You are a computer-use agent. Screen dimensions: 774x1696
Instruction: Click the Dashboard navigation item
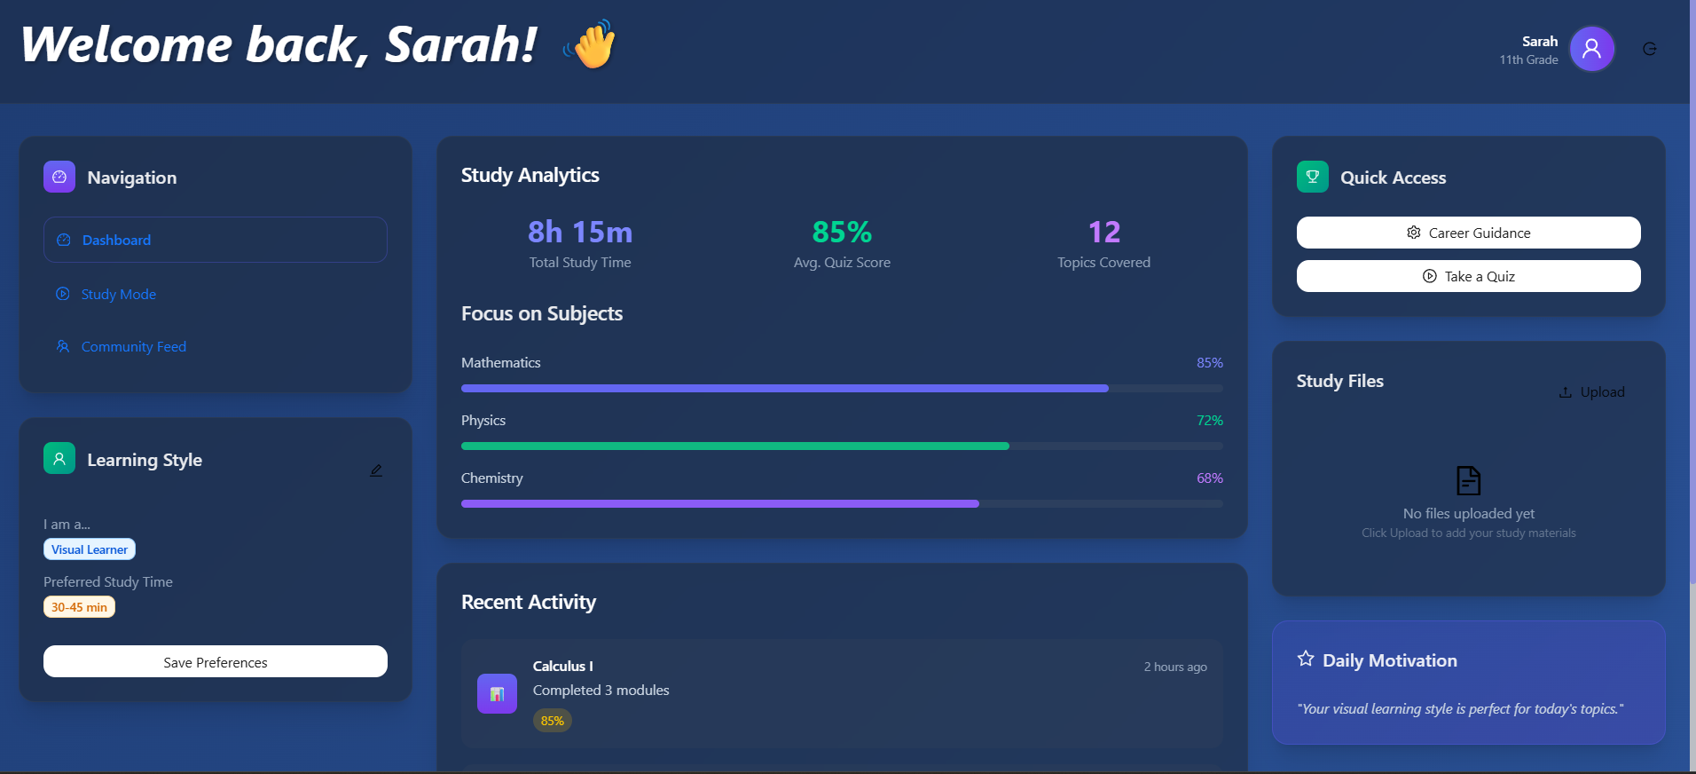pos(215,240)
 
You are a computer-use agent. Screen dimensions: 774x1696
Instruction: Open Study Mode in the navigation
pos(118,295)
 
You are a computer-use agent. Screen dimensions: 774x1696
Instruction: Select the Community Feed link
pos(133,347)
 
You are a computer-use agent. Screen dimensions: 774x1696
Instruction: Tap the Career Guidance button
pos(1468,233)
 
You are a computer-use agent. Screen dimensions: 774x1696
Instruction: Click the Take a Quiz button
pos(1468,276)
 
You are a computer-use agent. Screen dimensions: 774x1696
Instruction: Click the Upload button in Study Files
pos(1592,392)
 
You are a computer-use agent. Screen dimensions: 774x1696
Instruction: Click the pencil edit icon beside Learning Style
pos(376,470)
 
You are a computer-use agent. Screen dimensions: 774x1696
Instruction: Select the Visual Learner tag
pos(90,549)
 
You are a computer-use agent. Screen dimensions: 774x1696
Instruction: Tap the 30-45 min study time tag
pos(79,607)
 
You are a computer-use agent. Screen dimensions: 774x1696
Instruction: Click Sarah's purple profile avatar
pos(1591,49)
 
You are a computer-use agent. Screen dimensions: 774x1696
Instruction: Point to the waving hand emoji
pos(592,45)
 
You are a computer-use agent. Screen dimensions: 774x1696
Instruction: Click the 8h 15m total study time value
pos(580,233)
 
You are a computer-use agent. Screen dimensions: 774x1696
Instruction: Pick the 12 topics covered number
pos(1103,233)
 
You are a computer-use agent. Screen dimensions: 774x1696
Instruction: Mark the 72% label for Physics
pos(1209,421)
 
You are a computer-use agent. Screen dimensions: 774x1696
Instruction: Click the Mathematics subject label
pos(500,363)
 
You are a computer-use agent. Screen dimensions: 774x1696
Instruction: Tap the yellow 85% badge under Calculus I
pos(552,721)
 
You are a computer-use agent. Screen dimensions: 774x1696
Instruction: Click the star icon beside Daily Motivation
pos(1306,659)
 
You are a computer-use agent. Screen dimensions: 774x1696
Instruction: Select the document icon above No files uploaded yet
pos(1468,481)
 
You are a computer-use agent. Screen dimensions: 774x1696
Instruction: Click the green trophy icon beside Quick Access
pos(1312,177)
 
